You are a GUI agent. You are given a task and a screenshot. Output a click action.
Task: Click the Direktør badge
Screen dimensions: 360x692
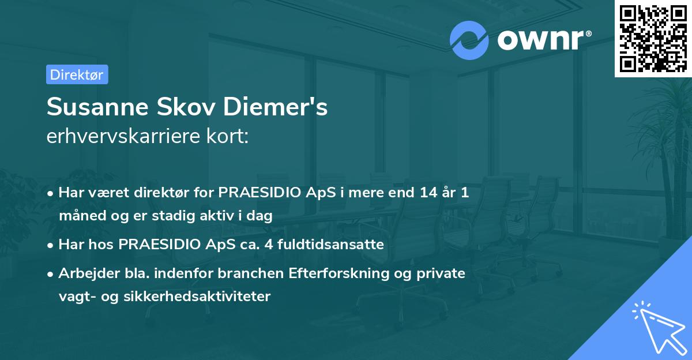[77, 74]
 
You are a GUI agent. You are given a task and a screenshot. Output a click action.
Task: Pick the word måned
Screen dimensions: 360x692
[79, 216]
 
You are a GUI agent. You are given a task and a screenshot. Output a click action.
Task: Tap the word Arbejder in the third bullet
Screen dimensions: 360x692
[83, 273]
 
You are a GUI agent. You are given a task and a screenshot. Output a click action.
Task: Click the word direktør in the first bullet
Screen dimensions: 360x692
[147, 193]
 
